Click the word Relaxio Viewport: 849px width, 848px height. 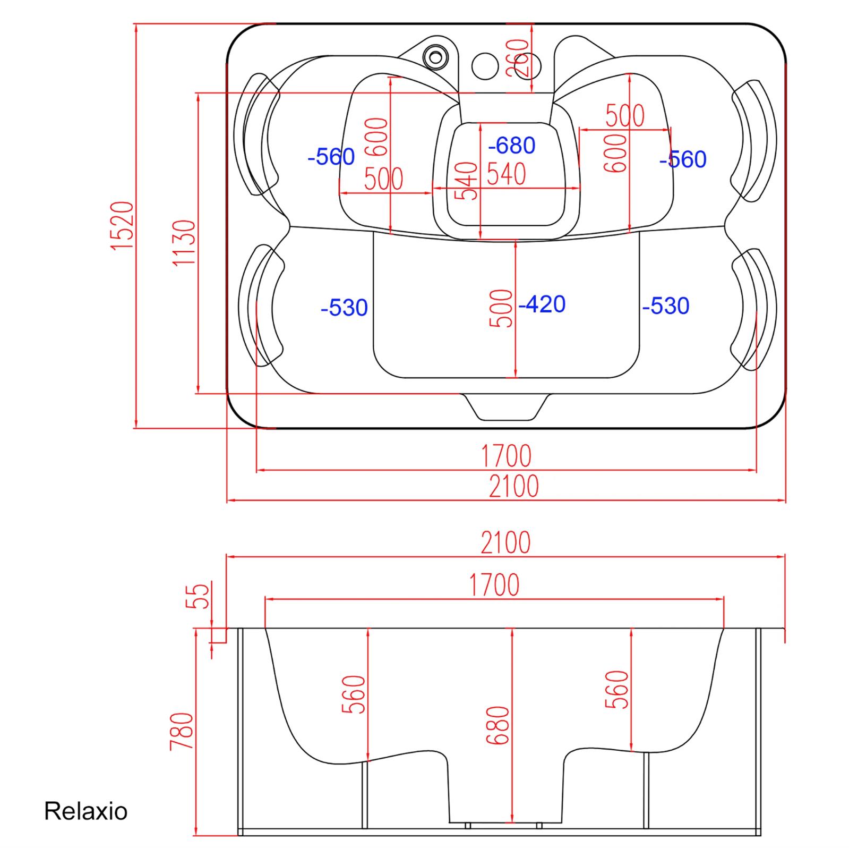(x=85, y=811)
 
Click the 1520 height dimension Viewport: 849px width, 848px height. (x=122, y=226)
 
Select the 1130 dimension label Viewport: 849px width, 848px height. (x=184, y=243)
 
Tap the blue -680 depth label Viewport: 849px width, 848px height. (x=512, y=145)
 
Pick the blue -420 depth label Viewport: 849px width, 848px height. (x=542, y=304)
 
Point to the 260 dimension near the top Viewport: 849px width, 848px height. (x=520, y=58)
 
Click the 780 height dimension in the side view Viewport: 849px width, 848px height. (x=181, y=732)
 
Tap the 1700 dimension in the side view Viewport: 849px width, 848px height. (x=494, y=584)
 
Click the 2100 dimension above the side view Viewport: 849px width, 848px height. (x=505, y=542)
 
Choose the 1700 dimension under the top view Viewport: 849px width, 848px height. (x=506, y=455)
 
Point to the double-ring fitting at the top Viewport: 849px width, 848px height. (x=435, y=55)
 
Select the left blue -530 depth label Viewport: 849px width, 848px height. (x=344, y=308)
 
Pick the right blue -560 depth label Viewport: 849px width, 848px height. (x=683, y=159)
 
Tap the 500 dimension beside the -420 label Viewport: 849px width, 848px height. (x=502, y=308)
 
